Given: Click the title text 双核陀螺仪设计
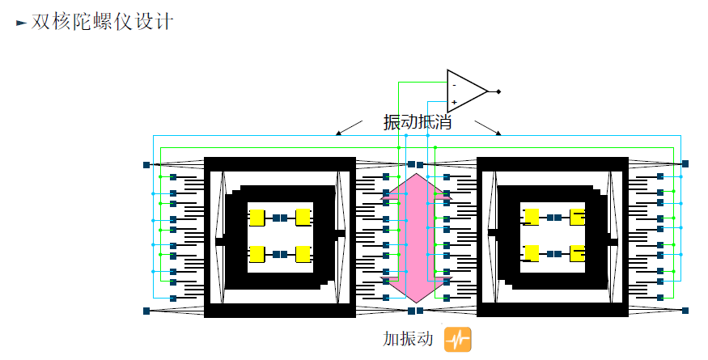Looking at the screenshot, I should (x=103, y=22).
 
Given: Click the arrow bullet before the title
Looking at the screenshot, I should (x=22, y=23).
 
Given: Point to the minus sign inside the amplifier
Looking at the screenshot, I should (x=454, y=84).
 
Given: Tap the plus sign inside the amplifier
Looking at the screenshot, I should (x=454, y=102).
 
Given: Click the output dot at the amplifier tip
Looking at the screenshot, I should (x=498, y=91).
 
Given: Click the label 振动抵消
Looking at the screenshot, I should (x=417, y=123).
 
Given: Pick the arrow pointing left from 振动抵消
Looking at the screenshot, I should (x=349, y=127).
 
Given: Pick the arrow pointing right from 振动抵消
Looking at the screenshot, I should (x=489, y=127).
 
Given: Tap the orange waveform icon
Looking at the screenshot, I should (x=457, y=339).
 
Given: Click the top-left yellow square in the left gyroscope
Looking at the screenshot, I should (x=256, y=218).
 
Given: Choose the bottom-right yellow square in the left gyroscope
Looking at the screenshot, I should (x=303, y=254).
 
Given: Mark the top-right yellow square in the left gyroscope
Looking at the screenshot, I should (x=303, y=218).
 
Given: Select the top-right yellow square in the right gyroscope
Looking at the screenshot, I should (x=577, y=218).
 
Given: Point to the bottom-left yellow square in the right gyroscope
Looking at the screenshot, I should (x=532, y=254).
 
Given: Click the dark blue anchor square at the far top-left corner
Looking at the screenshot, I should (x=146, y=164).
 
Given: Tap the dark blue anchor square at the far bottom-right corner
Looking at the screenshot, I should (x=685, y=310).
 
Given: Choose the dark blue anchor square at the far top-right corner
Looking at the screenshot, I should (x=685, y=164).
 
